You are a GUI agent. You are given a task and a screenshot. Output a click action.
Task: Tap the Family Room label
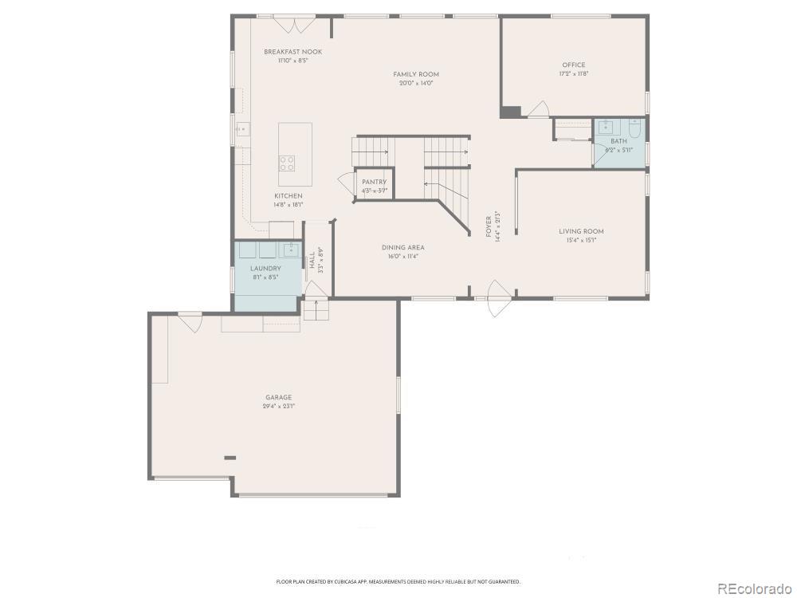416,74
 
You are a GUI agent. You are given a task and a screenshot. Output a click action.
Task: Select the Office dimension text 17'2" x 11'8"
573,74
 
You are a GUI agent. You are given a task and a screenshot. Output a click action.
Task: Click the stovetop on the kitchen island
286,163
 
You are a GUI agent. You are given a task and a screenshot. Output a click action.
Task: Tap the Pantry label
374,182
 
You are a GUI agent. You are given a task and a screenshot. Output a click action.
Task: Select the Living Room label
581,231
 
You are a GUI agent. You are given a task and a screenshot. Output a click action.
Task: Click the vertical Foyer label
489,227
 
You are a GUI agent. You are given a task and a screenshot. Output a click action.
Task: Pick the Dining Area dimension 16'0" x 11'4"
402,256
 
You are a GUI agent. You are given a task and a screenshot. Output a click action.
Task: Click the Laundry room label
265,269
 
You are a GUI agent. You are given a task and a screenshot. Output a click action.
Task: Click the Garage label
278,397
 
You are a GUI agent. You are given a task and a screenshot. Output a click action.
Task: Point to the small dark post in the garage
230,458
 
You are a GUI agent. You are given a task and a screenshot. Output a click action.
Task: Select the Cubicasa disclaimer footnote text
398,582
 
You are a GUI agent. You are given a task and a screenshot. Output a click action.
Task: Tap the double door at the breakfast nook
295,24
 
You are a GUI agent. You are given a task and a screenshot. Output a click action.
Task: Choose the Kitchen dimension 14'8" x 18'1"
288,204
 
